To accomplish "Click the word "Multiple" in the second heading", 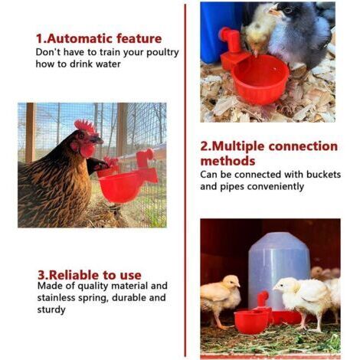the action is [239, 147].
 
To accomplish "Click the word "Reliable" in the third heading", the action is [74, 275].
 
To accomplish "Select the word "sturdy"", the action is [51, 310].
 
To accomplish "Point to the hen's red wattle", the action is [87, 150].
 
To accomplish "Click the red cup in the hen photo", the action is [120, 186].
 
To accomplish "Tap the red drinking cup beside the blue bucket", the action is [260, 80].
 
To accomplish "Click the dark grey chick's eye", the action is [288, 10].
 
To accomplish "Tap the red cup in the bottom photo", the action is [251, 321].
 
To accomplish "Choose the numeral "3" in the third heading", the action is [41, 275].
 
